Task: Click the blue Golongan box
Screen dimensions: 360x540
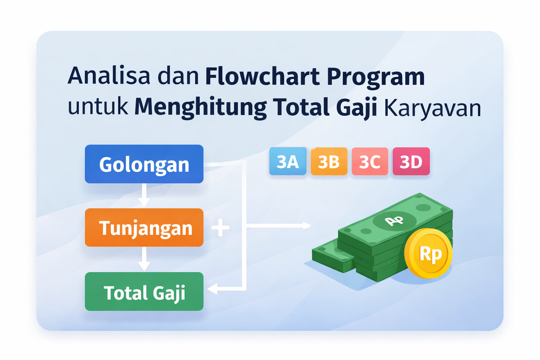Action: coord(144,164)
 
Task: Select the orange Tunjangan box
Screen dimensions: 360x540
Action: coord(144,227)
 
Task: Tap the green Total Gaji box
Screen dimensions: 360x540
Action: coord(144,291)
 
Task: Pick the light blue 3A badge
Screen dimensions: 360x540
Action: coord(288,161)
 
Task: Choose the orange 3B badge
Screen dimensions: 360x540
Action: coord(329,161)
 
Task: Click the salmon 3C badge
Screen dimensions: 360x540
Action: coord(370,161)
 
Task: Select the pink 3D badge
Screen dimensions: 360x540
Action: coord(411,161)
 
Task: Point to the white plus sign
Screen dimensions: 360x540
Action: coord(220,227)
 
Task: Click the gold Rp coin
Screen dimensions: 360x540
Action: coord(429,253)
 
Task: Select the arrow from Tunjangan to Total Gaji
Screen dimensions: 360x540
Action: coord(144,259)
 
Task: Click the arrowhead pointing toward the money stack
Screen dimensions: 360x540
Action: coord(307,225)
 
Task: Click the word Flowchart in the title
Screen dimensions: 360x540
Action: coord(262,76)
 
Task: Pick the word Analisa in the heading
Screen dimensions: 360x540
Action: coord(109,76)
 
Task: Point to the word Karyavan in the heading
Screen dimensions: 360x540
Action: coord(432,108)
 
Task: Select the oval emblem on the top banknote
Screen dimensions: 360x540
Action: coord(394,221)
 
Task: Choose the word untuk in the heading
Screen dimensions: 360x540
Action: coord(98,107)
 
